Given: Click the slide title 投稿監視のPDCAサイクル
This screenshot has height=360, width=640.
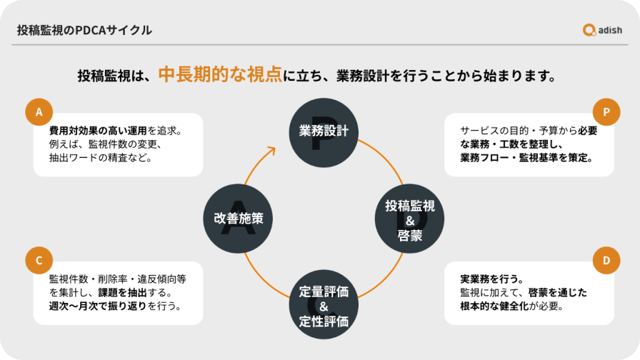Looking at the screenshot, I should (x=84, y=30).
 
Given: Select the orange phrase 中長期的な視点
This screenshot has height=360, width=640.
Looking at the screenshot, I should (x=219, y=74).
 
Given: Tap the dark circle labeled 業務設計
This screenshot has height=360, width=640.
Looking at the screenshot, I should (x=324, y=131).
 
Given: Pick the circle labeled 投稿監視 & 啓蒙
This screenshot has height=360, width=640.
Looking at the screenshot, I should (x=410, y=219).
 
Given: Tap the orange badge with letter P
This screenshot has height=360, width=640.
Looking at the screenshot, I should (x=606, y=112).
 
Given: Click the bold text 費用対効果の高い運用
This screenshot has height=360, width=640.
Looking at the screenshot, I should (x=98, y=131).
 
